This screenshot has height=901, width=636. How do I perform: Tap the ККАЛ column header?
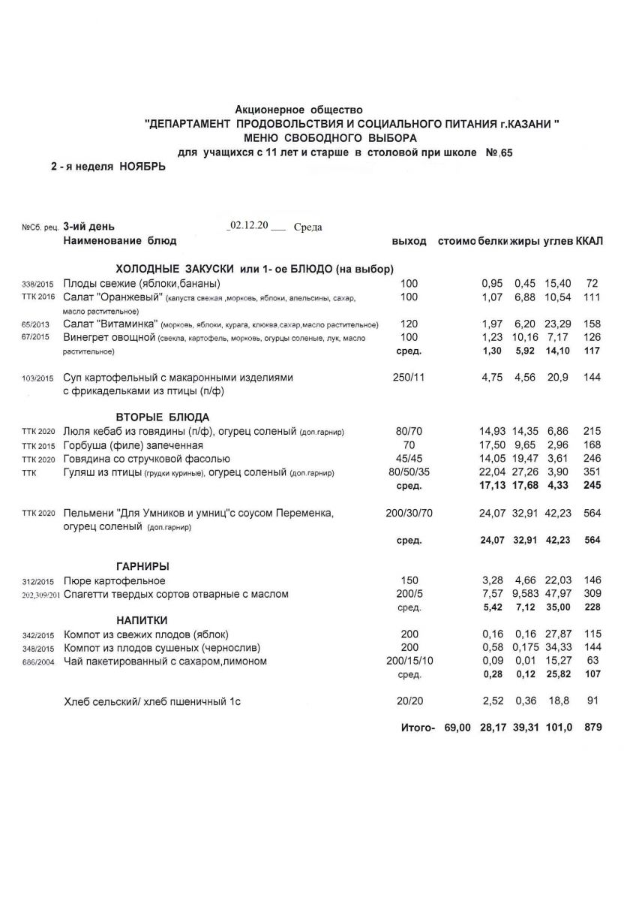(x=589, y=241)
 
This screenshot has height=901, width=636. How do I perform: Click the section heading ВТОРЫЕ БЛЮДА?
(x=162, y=417)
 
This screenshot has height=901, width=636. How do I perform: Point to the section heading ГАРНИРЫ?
(x=142, y=566)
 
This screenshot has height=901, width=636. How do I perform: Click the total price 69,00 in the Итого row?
(x=457, y=728)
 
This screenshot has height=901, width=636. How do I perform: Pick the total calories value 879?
(x=592, y=728)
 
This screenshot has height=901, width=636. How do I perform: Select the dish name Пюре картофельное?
(x=115, y=581)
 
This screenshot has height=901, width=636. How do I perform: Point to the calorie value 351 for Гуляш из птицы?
(x=592, y=472)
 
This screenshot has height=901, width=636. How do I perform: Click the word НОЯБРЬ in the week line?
(x=142, y=167)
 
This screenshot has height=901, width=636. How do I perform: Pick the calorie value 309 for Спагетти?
(x=592, y=595)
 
